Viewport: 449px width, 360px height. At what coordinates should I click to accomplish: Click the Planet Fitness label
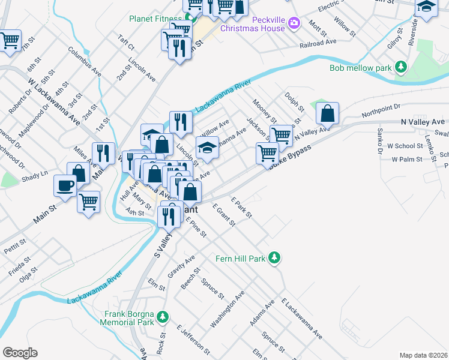(x=155, y=18)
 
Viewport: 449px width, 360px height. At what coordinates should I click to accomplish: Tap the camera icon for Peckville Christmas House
(x=294, y=23)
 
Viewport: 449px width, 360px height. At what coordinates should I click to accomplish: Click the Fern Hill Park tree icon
(x=274, y=257)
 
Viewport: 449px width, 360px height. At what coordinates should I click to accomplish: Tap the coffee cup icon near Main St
(x=65, y=185)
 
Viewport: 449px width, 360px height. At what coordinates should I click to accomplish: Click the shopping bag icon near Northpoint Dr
(x=328, y=112)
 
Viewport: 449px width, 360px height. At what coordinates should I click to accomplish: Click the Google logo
(x=19, y=353)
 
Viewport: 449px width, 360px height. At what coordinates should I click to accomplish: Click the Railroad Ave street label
(x=318, y=43)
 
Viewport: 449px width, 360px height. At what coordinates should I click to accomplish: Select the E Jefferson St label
(x=193, y=338)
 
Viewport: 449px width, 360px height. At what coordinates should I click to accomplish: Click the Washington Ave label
(x=228, y=310)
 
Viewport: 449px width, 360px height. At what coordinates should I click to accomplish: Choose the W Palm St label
(x=408, y=160)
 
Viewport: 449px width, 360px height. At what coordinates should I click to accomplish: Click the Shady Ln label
(x=35, y=173)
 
